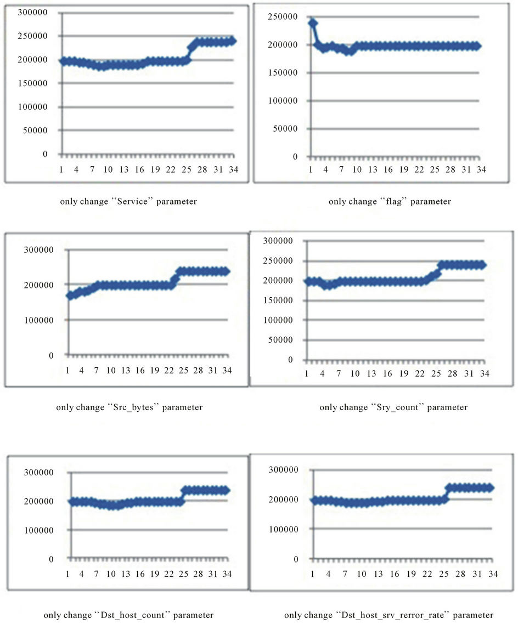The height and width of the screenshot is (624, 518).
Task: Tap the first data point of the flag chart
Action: (x=313, y=23)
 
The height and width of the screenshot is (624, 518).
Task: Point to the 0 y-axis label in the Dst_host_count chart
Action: (x=52, y=559)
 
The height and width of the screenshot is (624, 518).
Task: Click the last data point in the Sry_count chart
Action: (x=482, y=265)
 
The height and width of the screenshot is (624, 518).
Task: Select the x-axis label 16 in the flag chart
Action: (x=388, y=170)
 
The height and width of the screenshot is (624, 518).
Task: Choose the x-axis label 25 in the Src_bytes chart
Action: (x=184, y=371)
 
